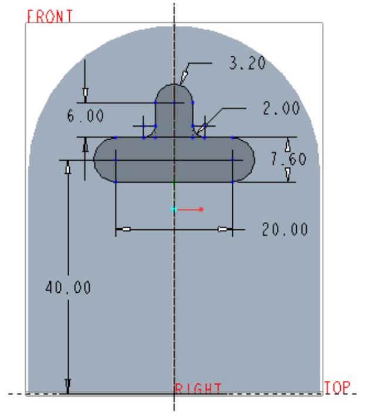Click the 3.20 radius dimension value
tap(247, 63)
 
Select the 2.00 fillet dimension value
tap(282, 108)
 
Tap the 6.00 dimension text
tap(85, 116)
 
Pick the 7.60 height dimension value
tap(289, 159)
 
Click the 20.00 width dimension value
tap(285, 229)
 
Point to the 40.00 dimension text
tap(68, 288)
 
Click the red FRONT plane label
tap(50, 16)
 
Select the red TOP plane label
tap(337, 388)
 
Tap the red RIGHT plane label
tap(198, 388)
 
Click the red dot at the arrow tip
tap(201, 209)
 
